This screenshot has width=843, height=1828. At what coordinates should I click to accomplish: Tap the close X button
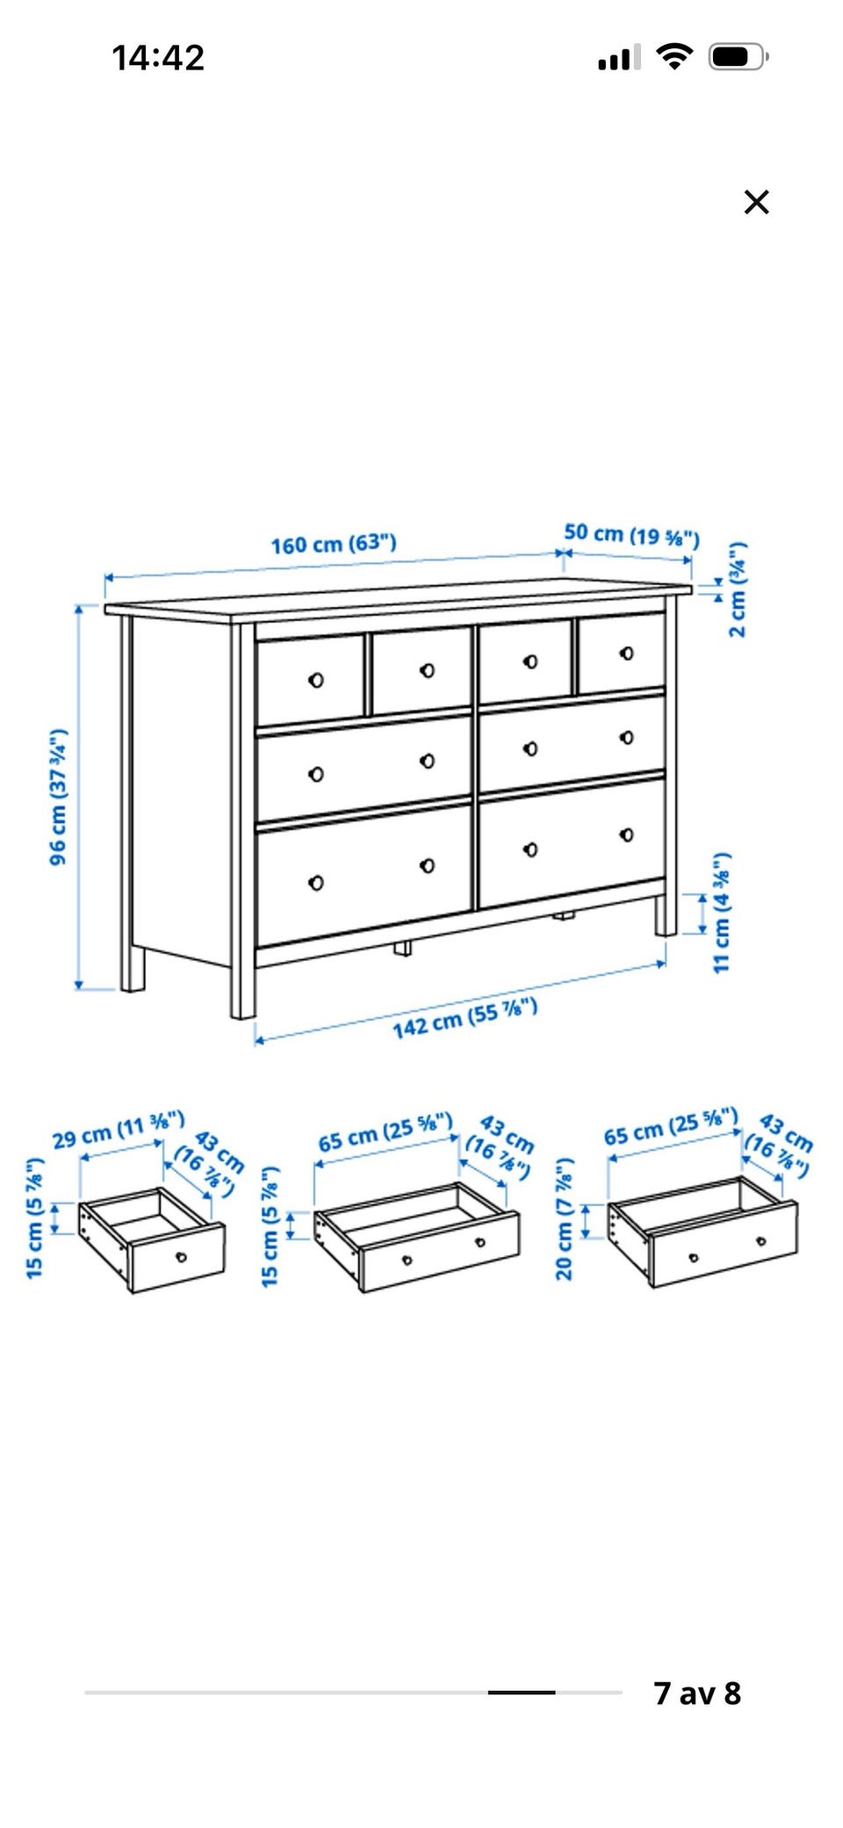[x=756, y=202]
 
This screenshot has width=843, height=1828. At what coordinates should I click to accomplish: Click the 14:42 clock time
[x=158, y=58]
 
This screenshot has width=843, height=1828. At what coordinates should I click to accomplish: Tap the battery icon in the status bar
[x=739, y=58]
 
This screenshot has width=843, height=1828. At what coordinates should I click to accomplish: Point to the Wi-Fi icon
[x=674, y=57]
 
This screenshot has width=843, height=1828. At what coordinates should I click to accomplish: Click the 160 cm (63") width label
[x=334, y=544]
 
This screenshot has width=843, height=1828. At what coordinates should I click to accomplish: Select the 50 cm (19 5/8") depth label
[x=631, y=534]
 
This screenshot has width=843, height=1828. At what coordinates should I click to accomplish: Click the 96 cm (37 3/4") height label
[x=58, y=797]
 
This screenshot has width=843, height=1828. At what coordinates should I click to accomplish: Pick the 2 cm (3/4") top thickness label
[x=738, y=589]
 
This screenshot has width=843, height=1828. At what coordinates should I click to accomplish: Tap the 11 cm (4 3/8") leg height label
[x=721, y=913]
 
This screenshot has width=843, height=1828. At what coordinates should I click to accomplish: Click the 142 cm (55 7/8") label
[x=465, y=1018]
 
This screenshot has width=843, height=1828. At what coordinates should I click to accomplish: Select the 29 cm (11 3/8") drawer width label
[x=119, y=1130]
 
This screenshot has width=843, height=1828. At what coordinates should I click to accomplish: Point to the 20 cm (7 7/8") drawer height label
[x=564, y=1218]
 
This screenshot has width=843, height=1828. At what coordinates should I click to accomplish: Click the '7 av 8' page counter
[x=697, y=1693]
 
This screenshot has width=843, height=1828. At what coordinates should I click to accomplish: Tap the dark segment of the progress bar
[x=522, y=1692]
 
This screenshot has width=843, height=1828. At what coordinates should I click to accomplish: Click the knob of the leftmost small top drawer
[x=316, y=680]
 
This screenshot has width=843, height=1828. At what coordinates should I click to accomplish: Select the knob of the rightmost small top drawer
[x=626, y=654]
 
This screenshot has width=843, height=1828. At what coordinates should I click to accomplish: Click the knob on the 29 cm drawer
[x=182, y=1257]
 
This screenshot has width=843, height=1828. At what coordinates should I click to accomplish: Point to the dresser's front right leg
[x=666, y=915]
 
